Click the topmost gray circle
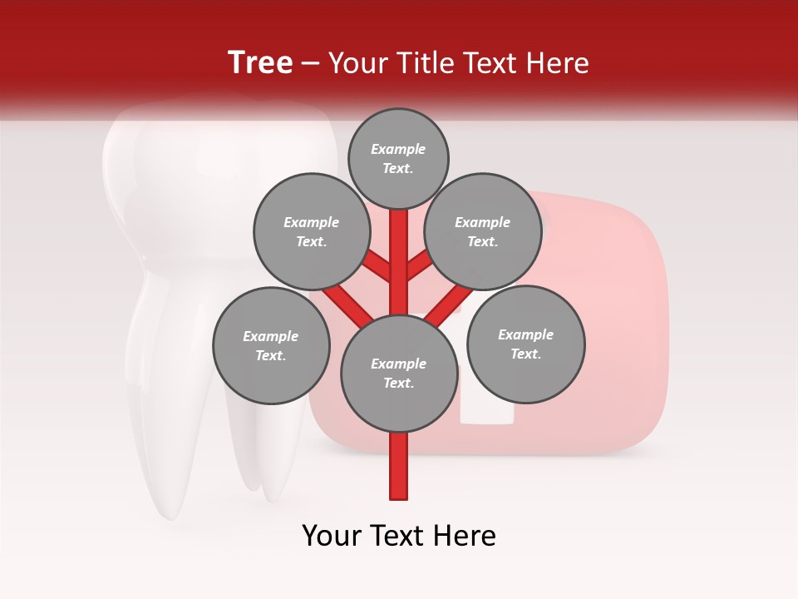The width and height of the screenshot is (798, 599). pos(398,158)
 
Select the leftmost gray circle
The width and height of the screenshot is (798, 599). pos(271,345)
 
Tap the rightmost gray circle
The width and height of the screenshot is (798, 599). pos(525,344)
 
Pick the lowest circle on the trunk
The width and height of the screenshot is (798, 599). pos(399,374)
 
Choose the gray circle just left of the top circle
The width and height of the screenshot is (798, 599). pos(312,231)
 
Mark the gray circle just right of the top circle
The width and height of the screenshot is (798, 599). pos(483,231)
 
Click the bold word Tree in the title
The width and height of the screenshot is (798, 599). pos(260,62)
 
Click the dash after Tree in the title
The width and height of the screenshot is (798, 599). pos(310,64)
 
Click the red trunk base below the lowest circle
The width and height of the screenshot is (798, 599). pos(399,466)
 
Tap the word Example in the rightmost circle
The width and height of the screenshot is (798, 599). pos(525,334)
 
